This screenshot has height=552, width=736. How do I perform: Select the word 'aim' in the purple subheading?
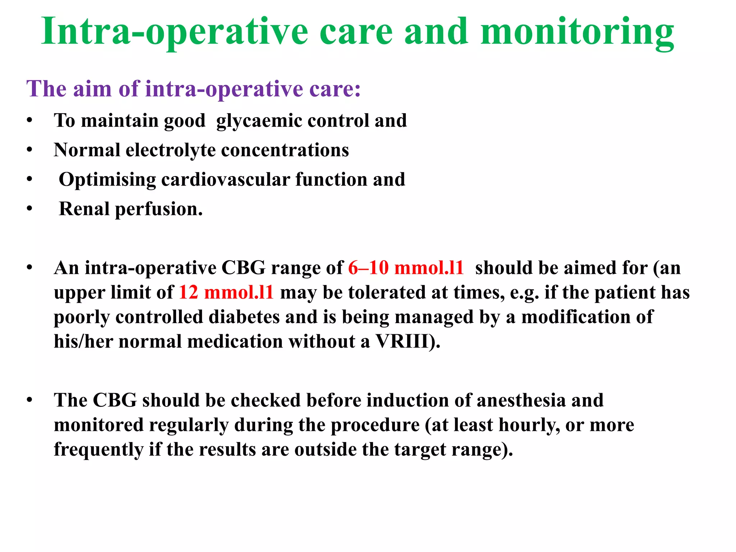[x=92, y=89]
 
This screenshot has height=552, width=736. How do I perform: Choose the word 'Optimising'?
[x=107, y=180]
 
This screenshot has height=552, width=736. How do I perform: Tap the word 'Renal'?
[x=84, y=209]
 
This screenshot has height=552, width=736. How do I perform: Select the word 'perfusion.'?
[x=159, y=210]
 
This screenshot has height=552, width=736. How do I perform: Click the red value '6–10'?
[x=368, y=268]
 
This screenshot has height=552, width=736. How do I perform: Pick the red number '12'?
[x=189, y=293]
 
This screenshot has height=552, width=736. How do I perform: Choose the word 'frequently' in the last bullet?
[x=98, y=450]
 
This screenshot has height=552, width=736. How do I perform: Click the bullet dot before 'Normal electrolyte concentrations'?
[x=29, y=150]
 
